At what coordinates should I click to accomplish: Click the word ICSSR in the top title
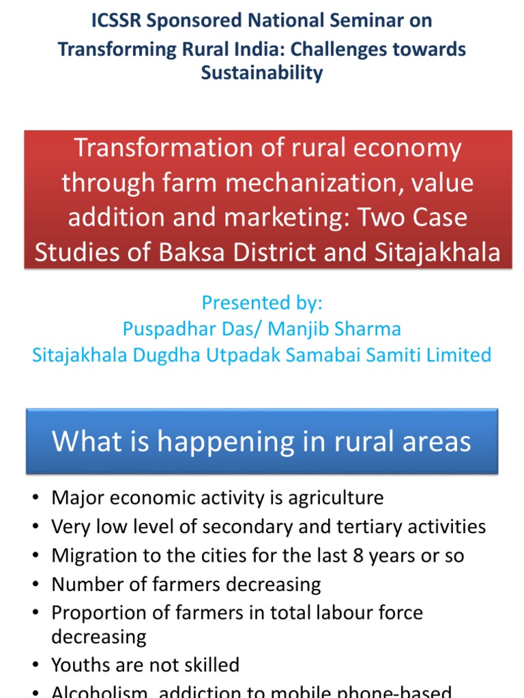pos(117,21)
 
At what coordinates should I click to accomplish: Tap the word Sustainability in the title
pos(262,73)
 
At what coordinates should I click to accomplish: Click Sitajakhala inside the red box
pos(437,252)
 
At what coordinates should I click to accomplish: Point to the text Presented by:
pos(262,303)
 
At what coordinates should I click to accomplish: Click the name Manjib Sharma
pos(334,329)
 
